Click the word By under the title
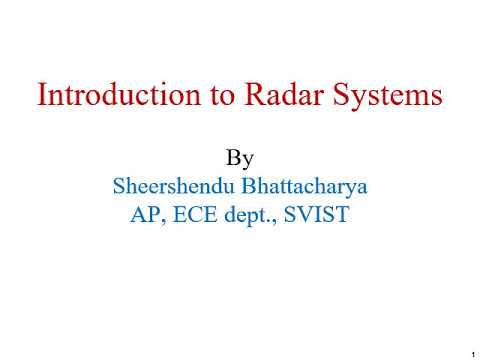(239, 159)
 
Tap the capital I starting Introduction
(42, 96)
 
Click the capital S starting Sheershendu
(120, 187)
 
